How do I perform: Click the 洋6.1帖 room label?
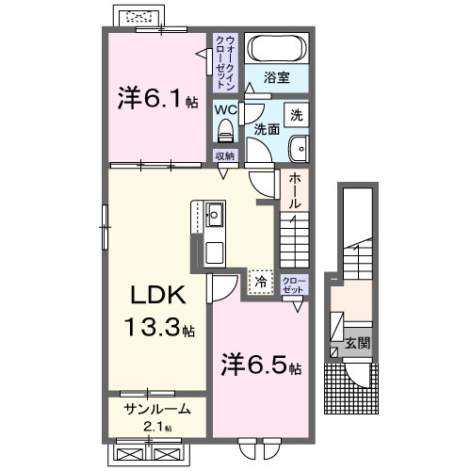click(156, 97)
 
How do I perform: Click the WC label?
click(224, 108)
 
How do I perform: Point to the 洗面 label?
click(266, 131)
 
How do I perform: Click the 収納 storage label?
click(224, 156)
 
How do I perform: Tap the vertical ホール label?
click(294, 191)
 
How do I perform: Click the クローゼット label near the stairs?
click(292, 285)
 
